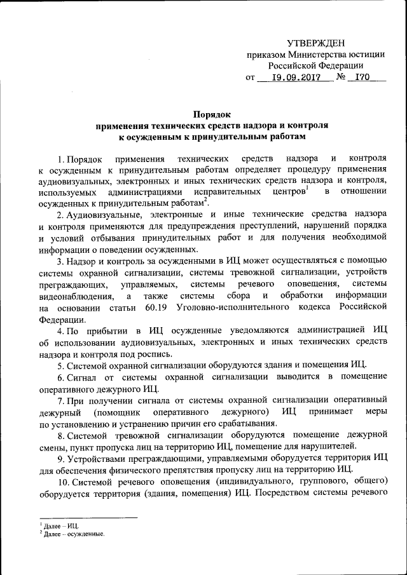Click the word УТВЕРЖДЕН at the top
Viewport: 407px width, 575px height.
coord(315,43)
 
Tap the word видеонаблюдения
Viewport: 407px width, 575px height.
coord(76,296)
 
